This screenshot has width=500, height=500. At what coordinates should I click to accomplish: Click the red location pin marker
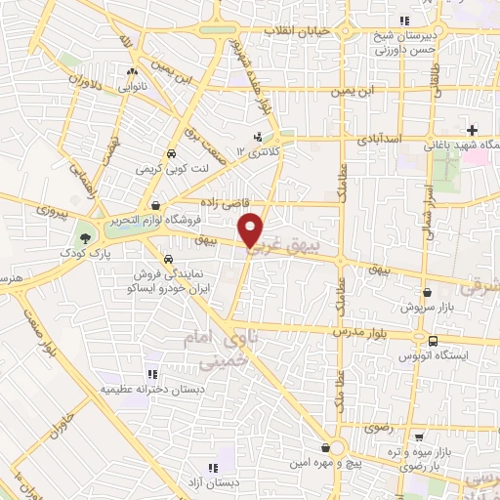pos(252,229)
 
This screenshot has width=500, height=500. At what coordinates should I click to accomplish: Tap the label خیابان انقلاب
pos(299,31)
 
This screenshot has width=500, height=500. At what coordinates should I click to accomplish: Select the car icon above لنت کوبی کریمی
pos(171,154)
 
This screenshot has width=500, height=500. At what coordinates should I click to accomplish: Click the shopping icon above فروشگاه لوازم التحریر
pos(157,204)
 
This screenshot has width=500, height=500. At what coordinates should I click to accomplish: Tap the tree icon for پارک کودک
pos(86,238)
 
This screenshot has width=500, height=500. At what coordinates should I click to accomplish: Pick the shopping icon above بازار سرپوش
pos(428,292)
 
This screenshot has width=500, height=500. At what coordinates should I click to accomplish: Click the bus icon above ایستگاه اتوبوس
pos(433,341)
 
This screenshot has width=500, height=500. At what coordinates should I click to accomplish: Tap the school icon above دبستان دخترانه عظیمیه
pos(151,374)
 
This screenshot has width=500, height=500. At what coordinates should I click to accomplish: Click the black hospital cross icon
pos(472,130)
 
